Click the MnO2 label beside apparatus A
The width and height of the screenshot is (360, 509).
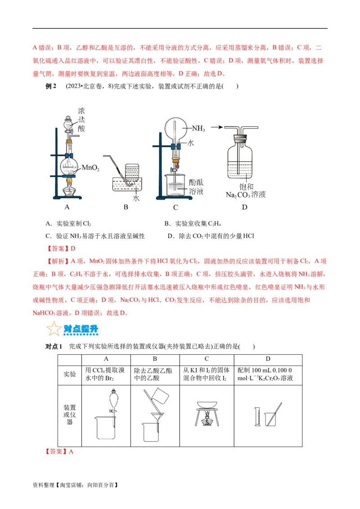point(90,168)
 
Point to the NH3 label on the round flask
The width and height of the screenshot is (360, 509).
point(198,129)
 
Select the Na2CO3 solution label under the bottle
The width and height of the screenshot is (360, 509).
point(246,195)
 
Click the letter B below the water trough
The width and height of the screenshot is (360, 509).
point(126,207)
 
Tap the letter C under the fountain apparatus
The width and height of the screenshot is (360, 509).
point(175,207)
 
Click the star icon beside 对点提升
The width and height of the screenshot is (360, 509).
point(53,329)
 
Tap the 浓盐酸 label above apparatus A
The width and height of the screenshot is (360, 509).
point(81,119)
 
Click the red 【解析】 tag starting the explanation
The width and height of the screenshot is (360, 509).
point(54,261)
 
